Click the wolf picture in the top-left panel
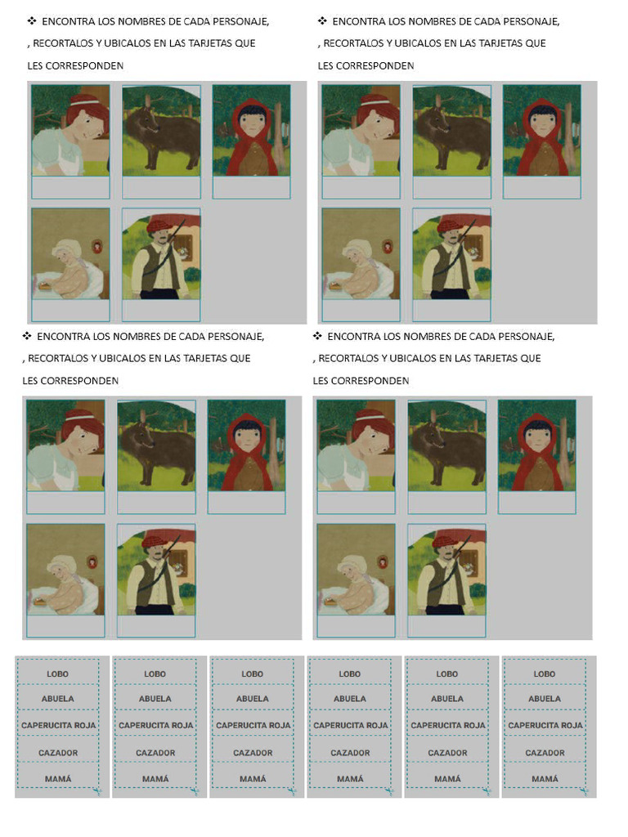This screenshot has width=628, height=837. coord(161,131)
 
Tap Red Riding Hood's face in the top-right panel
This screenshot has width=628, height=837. coord(542,123)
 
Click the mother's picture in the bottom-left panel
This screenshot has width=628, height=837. coord(65,445)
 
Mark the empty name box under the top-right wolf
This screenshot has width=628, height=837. coord(451,187)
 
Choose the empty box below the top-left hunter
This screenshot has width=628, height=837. coord(161,311)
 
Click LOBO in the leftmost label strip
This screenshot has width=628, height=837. coord(57,674)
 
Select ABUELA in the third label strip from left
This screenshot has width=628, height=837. coord(253,699)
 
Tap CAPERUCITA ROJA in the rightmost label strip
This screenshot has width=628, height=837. coord(545,725)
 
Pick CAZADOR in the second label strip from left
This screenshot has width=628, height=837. coord(155,753)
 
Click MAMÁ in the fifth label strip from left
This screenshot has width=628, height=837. coord(447,779)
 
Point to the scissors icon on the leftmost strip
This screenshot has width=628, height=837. coord(96,790)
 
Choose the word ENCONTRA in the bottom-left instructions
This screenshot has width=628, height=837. coord(64,336)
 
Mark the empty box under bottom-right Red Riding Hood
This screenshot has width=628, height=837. coord(536,503)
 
